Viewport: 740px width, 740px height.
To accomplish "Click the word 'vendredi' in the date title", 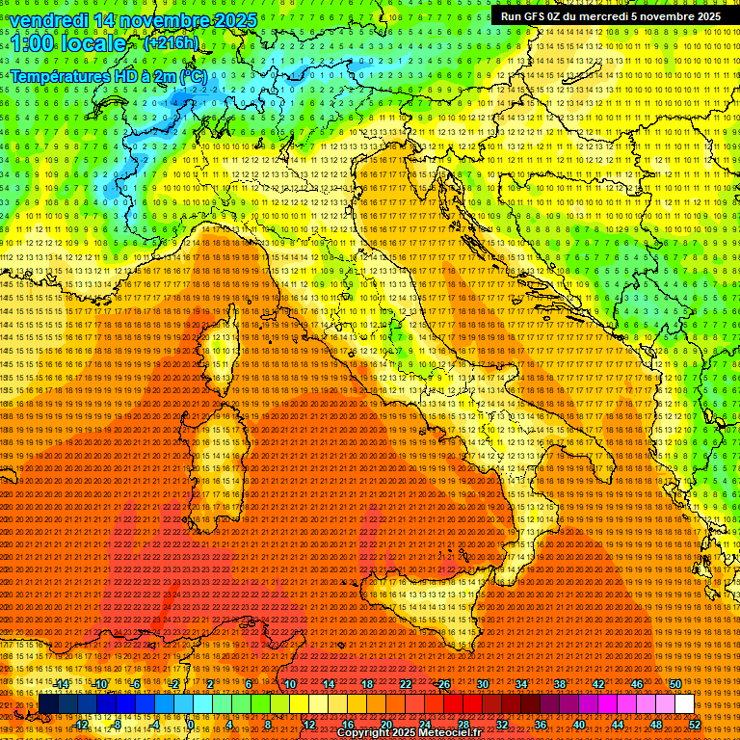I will (54, 20).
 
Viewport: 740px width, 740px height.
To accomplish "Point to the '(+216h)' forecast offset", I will (172, 43).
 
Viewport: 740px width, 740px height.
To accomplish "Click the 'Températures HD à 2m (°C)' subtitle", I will (108, 75).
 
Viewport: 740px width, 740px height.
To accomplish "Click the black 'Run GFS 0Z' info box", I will (610, 16).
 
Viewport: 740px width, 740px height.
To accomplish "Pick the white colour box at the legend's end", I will (684, 704).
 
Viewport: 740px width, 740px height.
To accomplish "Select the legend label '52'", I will (695, 724).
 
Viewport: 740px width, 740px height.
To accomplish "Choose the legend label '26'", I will (444, 684).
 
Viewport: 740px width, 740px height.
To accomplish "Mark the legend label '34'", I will (521, 684).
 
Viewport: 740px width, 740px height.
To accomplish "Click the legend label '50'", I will (675, 684).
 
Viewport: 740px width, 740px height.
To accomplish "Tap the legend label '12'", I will (308, 724).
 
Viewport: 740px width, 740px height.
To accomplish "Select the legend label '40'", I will (579, 724).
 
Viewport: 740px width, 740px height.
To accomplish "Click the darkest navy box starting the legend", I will (48, 704).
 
